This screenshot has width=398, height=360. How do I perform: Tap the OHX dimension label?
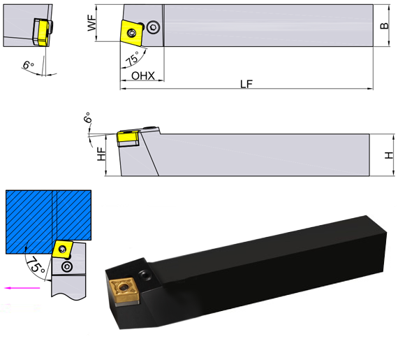pyautogui.click(x=142, y=75)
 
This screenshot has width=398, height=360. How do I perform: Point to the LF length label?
pyautogui.click(x=246, y=84)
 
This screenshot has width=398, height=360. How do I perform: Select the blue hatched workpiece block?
pyautogui.click(x=47, y=220)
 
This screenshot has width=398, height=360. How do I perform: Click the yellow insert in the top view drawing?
pyautogui.click(x=132, y=32)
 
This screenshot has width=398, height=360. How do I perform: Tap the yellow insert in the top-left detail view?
pyautogui.click(x=43, y=31)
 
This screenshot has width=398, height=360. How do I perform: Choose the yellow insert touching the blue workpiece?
pyautogui.click(x=62, y=250)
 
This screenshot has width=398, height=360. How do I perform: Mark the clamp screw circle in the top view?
pyautogui.click(x=152, y=27)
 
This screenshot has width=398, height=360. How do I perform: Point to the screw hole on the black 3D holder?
pyautogui.click(x=145, y=271)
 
